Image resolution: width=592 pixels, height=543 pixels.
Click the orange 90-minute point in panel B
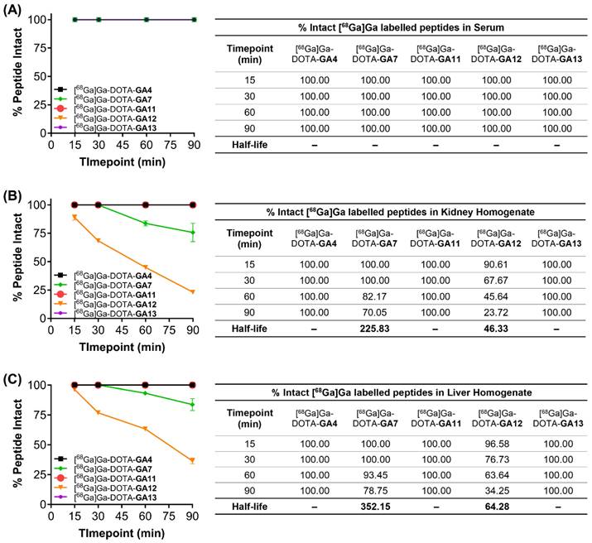coord(193,291)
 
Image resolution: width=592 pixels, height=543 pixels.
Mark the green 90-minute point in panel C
coord(193,405)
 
